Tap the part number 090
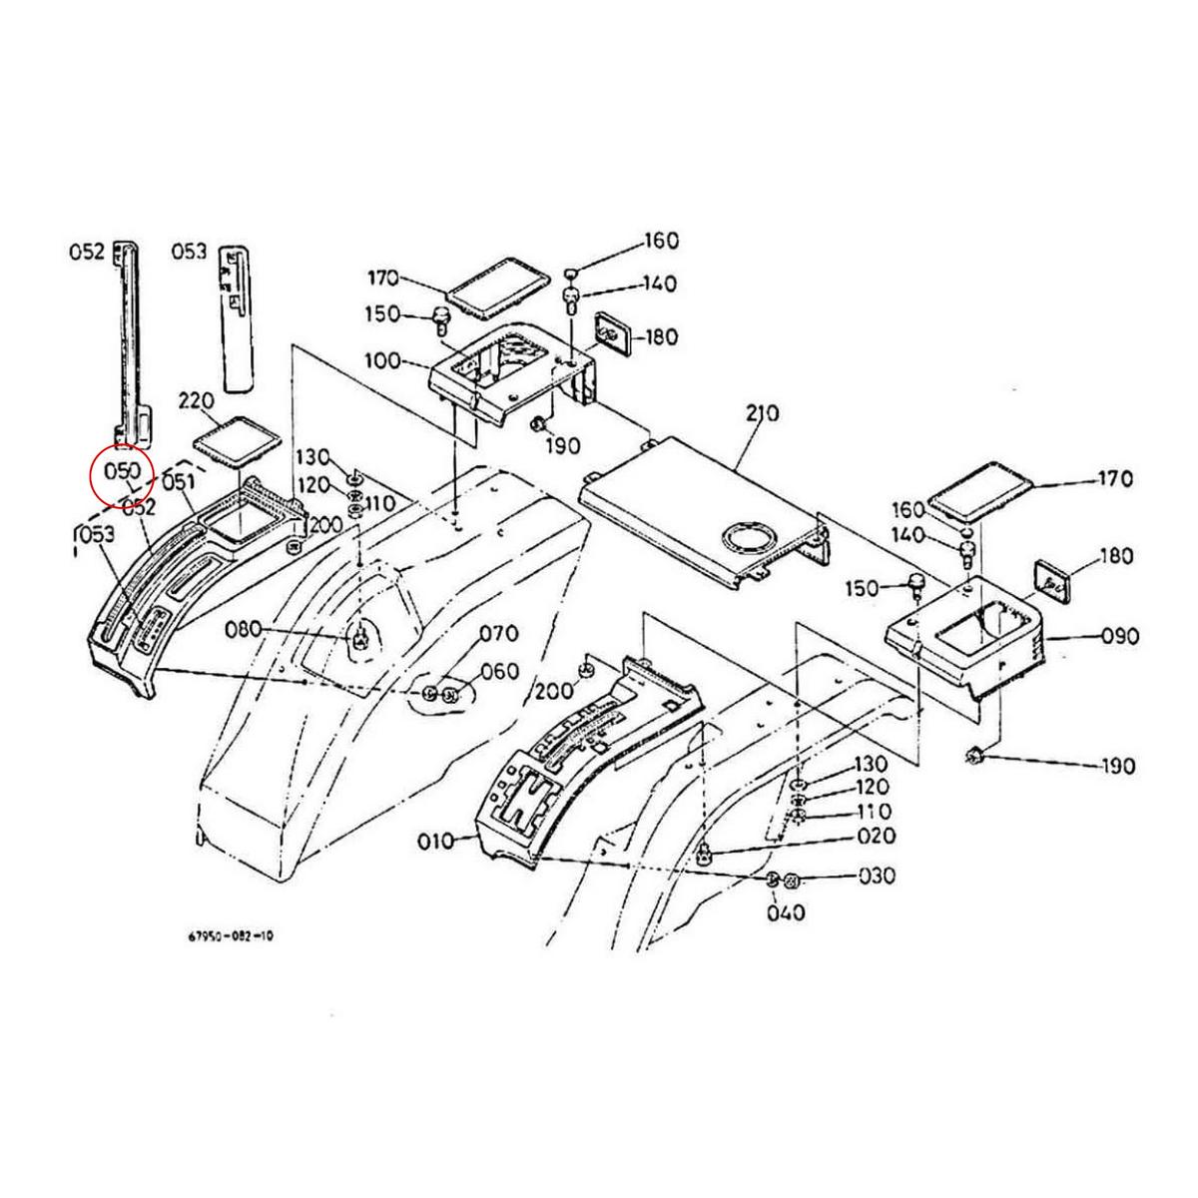1117,636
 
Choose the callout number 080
243,629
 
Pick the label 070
498,633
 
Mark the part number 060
499,670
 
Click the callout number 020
877,837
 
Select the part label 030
877,876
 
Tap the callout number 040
787,912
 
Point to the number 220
198,402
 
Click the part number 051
178,483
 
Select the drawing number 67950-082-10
230,936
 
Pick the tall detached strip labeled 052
129,339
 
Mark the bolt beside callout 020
705,852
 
